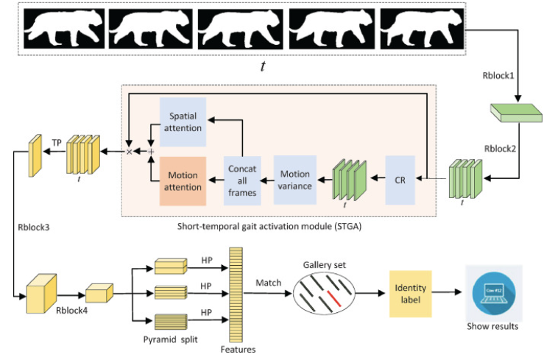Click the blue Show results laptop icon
click(x=492, y=291)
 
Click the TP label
click(x=55, y=141)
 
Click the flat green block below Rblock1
click(x=515, y=110)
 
